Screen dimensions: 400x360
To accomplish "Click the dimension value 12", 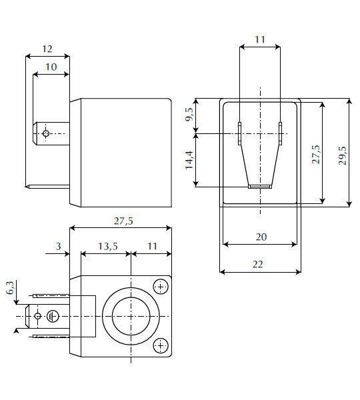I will [x=47, y=49].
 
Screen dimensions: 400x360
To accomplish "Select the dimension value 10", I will [x=51, y=67].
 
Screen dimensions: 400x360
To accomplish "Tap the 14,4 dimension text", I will [x=189, y=161].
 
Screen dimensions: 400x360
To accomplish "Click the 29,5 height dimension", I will [x=342, y=155].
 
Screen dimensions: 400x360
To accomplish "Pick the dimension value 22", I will [x=259, y=264].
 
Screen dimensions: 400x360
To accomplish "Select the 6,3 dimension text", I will [x=10, y=288].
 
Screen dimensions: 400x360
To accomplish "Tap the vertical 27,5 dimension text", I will [x=315, y=155].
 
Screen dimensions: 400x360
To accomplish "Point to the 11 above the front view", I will [x=260, y=40].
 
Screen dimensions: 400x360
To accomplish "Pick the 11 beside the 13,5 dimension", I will [x=152, y=246].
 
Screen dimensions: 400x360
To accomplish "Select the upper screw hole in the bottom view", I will [x=160, y=287].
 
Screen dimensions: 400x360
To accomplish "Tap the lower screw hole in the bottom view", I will [x=160, y=345].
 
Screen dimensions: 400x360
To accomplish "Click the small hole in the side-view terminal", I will [x=45, y=133].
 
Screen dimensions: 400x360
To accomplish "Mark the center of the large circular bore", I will [x=132, y=315].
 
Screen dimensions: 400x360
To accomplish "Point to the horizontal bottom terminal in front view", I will [x=260, y=187].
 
